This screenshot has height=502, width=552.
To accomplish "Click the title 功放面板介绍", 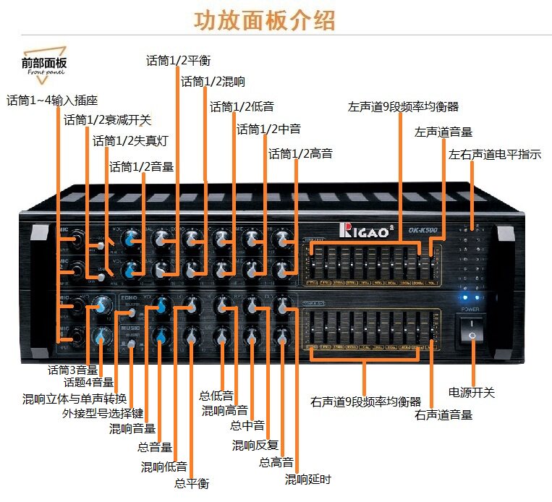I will point(265,20).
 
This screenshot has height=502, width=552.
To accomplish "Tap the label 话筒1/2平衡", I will point(179,60).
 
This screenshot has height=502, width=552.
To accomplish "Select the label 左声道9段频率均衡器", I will point(403,107).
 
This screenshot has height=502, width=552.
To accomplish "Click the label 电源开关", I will point(472,393).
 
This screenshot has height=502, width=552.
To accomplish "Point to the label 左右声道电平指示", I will point(495,154).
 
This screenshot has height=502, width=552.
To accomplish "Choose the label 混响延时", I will point(307,479).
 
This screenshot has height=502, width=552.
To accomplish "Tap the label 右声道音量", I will point(443,415).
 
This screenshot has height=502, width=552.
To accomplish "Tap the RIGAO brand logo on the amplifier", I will point(366,230).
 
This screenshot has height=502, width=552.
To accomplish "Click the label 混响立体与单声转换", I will point(75,399).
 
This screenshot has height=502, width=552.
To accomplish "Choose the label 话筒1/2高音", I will point(300,153).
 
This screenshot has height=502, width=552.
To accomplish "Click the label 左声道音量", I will point(443,132).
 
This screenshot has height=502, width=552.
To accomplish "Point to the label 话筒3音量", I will point(70,369).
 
